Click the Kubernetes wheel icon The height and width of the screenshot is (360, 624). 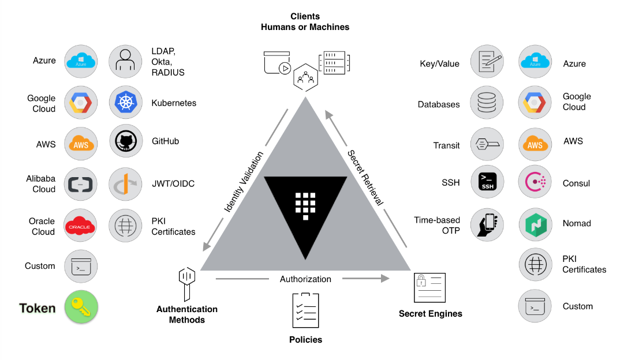click(126, 102)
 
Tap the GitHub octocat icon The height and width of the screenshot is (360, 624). click(126, 141)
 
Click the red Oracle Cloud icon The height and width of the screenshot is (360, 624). click(81, 226)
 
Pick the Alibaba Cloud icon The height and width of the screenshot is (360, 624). click(81, 183)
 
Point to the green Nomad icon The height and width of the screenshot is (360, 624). click(535, 224)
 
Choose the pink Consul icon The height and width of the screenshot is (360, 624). click(535, 183)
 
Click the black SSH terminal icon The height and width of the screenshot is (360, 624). click(487, 182)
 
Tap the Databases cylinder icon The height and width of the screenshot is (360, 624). click(487, 104)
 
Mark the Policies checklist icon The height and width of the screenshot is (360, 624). click(305, 310)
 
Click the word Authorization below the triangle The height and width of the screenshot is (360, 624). click(305, 279)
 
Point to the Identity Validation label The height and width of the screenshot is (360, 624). click(243, 181)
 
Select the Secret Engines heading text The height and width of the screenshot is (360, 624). click(431, 314)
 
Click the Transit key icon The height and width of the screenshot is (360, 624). click(487, 144)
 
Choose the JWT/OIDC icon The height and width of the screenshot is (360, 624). click(126, 183)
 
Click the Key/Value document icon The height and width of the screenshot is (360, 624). click(487, 62)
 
